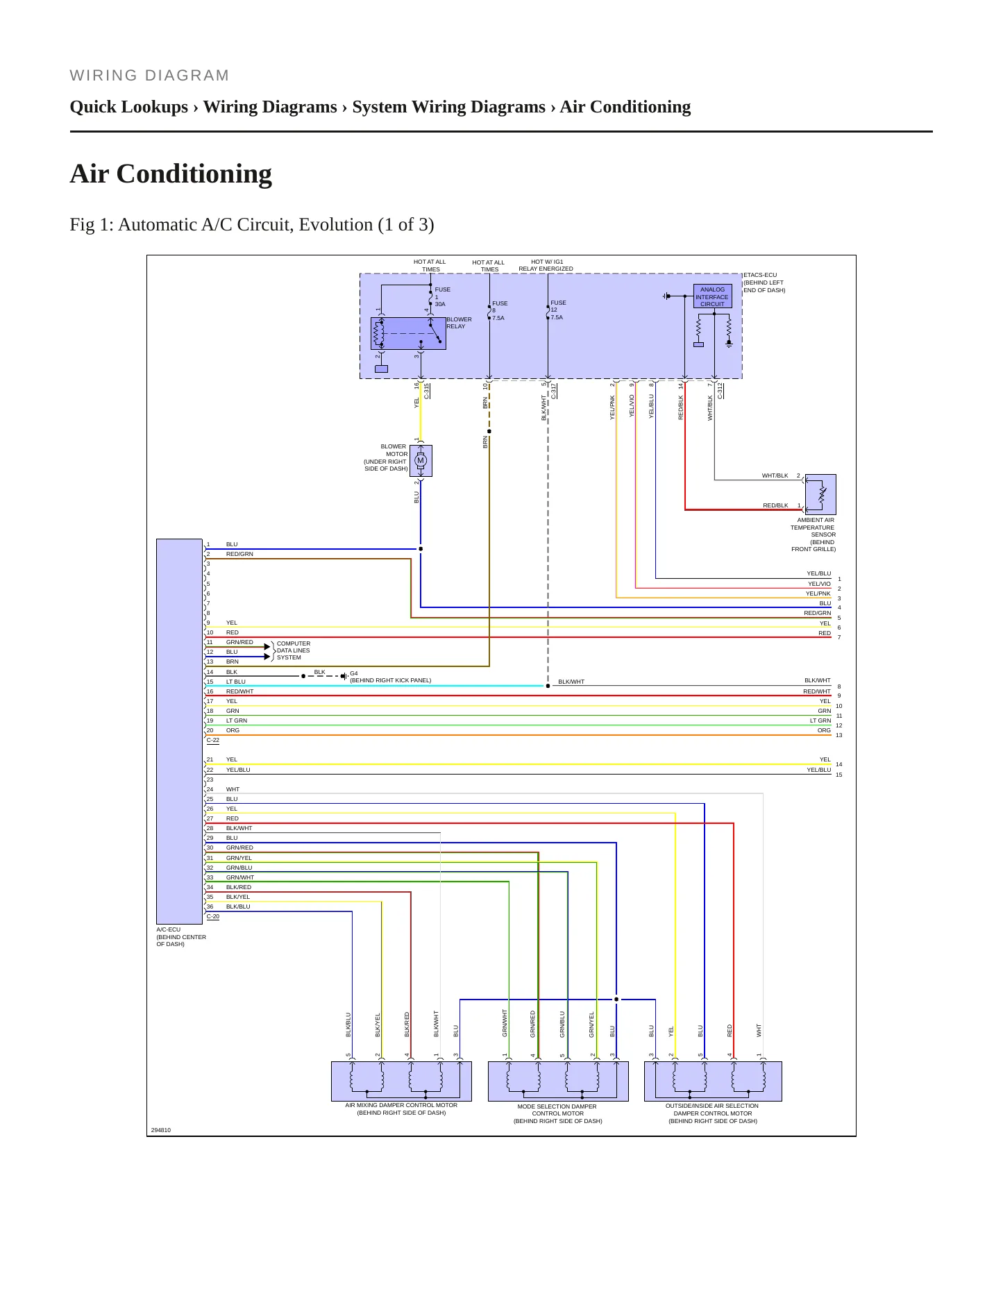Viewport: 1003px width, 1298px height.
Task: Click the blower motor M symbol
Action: coord(421,461)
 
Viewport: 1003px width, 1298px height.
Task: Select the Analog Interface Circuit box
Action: coord(712,296)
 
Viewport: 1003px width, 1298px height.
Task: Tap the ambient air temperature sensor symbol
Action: coord(820,494)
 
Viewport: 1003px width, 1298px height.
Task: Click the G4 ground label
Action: coord(354,673)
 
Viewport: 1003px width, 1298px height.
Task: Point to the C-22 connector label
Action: coord(213,740)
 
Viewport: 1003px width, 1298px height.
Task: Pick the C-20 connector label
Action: coord(213,916)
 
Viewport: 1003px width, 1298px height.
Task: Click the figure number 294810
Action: coord(161,1130)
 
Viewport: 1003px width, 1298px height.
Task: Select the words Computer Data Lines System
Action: coord(294,650)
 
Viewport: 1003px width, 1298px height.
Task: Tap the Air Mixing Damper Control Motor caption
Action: coord(401,1109)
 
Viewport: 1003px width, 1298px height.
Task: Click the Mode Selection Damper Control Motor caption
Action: coord(557,1113)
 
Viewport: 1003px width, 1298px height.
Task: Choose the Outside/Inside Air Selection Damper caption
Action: coord(713,1113)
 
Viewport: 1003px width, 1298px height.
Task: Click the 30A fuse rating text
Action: coord(440,304)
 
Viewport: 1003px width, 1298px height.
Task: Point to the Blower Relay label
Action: coord(459,323)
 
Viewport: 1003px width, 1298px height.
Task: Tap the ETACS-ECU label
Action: coord(760,275)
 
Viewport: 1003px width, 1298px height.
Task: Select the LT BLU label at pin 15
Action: coord(236,682)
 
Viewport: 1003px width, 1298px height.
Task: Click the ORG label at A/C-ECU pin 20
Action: coord(233,730)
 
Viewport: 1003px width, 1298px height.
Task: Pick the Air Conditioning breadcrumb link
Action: coord(625,107)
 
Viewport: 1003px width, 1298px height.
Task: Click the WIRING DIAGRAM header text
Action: coord(149,76)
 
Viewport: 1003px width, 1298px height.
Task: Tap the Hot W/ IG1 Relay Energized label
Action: coord(546,265)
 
